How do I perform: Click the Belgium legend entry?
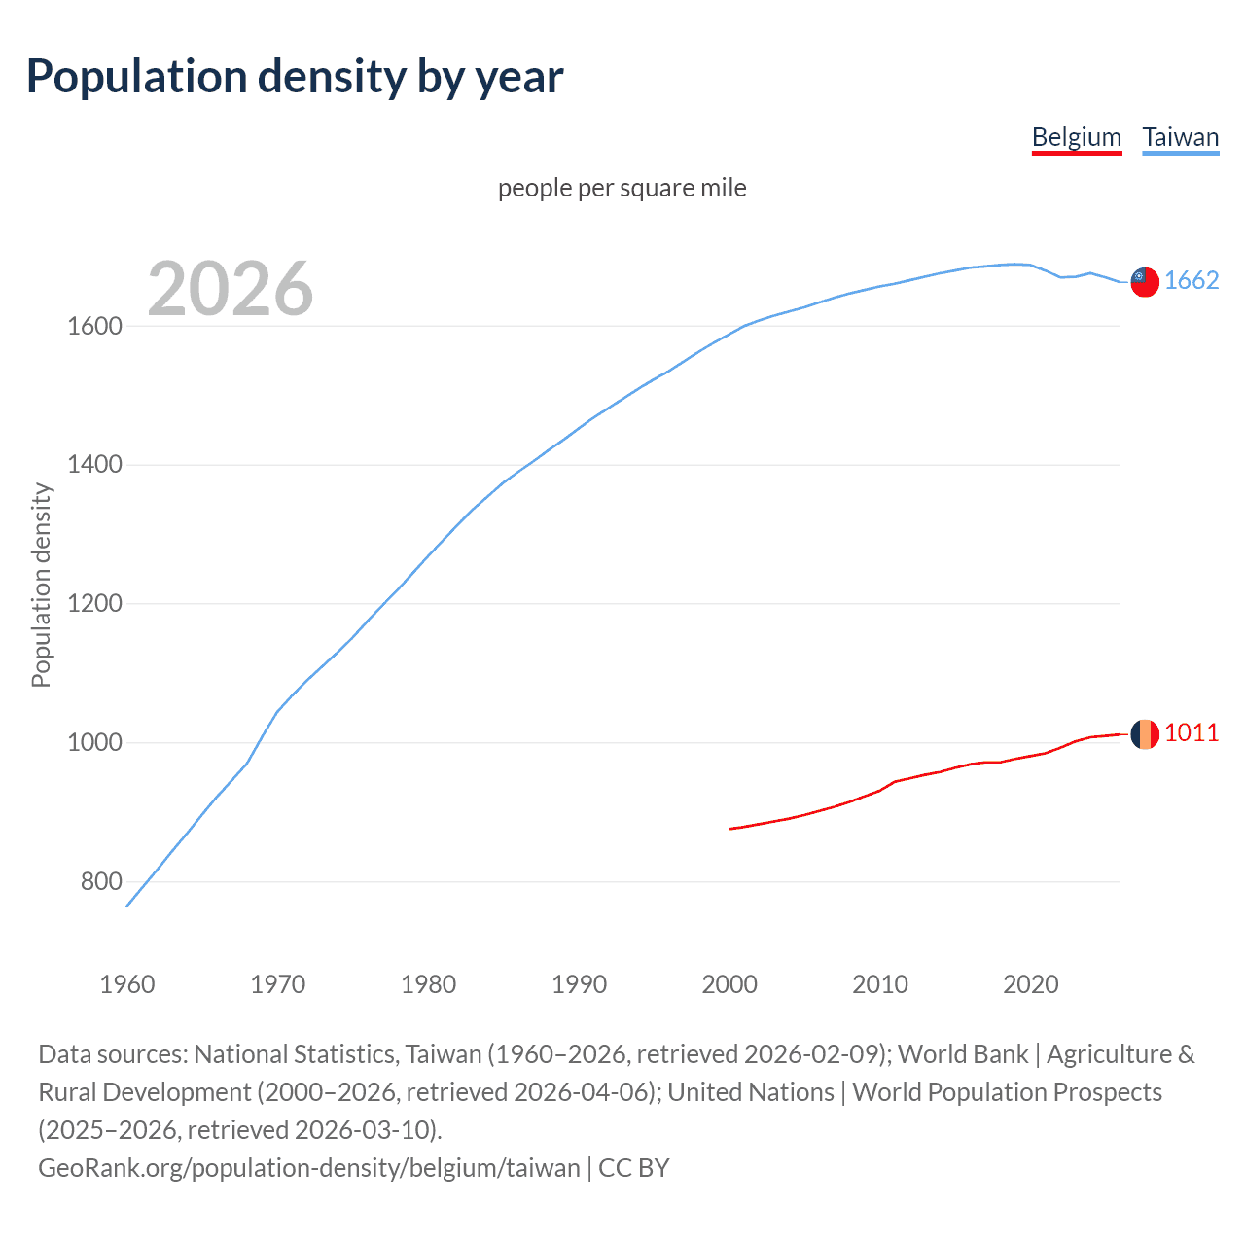pos(1076,137)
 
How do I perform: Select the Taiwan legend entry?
pos(1180,137)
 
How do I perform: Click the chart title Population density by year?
pos(295,77)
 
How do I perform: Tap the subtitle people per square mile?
pos(622,188)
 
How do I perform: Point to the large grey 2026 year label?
pos(231,289)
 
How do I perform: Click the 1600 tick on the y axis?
pos(94,327)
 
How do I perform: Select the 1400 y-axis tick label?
pos(94,465)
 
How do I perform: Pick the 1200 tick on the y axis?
pos(94,604)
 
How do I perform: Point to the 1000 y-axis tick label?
pos(94,743)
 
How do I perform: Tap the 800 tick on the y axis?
pos(101,882)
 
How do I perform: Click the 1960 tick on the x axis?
pos(127,984)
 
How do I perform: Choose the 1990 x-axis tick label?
pos(579,984)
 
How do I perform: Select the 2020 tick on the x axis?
pos(1030,984)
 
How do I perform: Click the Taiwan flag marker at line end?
pos(1144,282)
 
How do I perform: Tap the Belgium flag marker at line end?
pos(1144,734)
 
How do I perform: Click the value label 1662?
pos(1192,281)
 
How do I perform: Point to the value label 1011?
pos(1192,733)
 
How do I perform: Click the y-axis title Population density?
pos(41,586)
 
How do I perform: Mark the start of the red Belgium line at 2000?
pos(730,829)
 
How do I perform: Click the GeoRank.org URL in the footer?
pos(308,1168)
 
